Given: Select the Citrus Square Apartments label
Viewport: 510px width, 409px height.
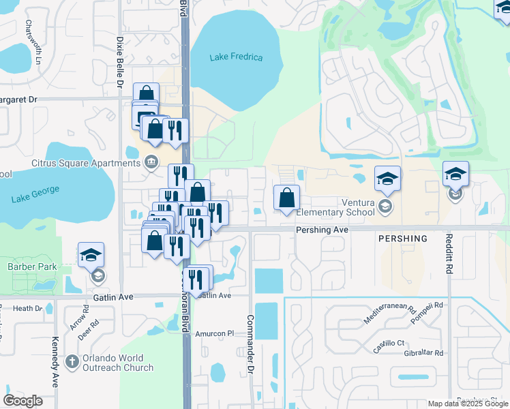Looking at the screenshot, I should [86, 163].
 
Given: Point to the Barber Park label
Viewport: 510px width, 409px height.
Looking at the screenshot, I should [32, 267].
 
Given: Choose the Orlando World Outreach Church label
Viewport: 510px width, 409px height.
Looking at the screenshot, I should [113, 363].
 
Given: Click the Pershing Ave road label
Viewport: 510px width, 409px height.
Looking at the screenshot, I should [322, 230].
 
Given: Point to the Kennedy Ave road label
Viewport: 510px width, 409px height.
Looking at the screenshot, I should [55, 361].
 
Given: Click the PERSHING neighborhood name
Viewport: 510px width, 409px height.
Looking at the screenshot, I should [402, 239].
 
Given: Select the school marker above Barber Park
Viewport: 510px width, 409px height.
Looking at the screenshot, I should [91, 256].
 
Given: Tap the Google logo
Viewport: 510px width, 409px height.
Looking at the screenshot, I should [23, 401].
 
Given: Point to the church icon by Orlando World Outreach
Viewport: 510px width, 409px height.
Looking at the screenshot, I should [72, 362].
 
